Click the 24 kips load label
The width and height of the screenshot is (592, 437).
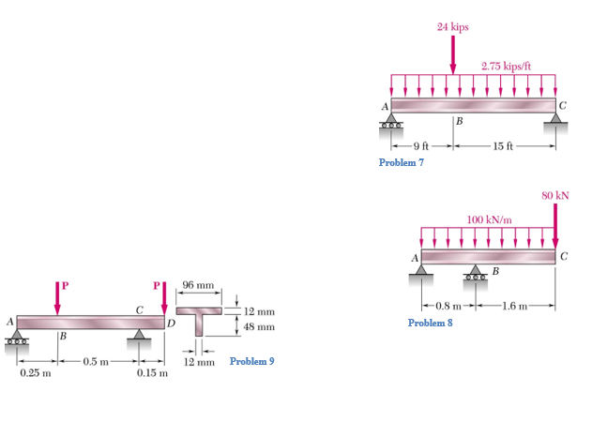[x=453, y=27]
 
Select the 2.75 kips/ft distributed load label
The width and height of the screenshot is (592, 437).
[x=506, y=67]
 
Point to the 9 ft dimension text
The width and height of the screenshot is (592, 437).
[x=420, y=146]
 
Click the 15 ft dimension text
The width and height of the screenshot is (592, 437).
[x=504, y=146]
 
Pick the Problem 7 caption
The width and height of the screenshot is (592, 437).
[x=401, y=162]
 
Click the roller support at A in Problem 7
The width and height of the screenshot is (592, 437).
[x=391, y=122]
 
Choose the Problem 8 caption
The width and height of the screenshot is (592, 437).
[x=431, y=323]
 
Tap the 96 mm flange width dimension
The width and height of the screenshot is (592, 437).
[x=198, y=283]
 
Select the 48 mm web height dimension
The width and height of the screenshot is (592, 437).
[x=259, y=327]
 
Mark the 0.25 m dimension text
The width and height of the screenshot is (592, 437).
[x=36, y=374]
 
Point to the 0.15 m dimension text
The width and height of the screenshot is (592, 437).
[x=153, y=374]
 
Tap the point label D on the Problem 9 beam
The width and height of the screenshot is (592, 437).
[x=171, y=324]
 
